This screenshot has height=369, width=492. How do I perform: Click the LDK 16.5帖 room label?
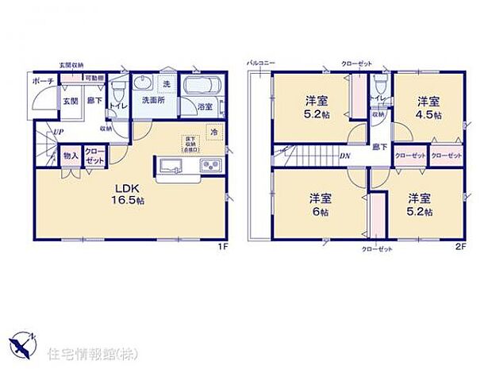[x=127, y=194]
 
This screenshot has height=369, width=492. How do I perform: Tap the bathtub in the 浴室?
[x=203, y=86]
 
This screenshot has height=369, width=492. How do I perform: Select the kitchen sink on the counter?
[x=172, y=166]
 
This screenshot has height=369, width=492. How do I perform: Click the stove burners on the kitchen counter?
[x=210, y=166]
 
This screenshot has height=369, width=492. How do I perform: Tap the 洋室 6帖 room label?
[x=318, y=206]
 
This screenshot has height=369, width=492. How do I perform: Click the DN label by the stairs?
[x=346, y=156]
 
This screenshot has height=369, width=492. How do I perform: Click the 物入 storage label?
[x=71, y=155]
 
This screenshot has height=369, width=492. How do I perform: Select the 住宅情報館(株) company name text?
[x=83, y=350]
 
